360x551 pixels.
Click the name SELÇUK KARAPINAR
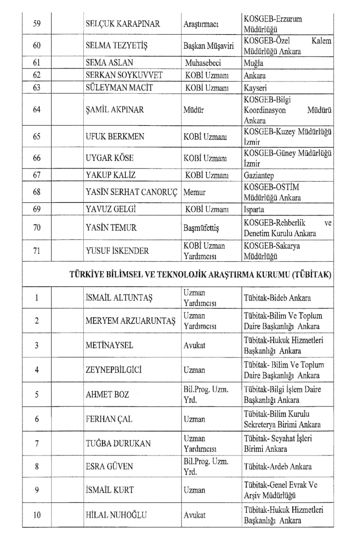click(123, 24)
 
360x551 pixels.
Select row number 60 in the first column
click(37, 46)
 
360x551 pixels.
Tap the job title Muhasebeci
click(203, 63)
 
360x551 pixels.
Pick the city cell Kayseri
click(255, 88)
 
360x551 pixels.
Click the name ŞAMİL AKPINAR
click(115, 110)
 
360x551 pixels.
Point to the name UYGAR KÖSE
click(109, 158)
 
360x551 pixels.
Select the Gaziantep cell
click(259, 175)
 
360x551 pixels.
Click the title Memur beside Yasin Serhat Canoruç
click(194, 192)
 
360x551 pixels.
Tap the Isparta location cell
click(254, 210)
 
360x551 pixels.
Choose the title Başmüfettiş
click(201, 228)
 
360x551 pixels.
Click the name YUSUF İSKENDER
click(117, 251)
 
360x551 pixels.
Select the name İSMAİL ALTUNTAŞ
click(119, 298)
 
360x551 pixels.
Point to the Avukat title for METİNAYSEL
click(194, 345)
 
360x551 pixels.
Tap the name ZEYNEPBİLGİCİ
click(114, 370)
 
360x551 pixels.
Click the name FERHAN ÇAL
click(109, 419)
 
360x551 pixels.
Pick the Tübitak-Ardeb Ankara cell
click(277, 467)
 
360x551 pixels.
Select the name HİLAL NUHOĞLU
click(116, 515)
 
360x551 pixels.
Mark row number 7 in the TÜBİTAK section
click(37, 444)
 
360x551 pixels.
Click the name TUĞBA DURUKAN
click(118, 444)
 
